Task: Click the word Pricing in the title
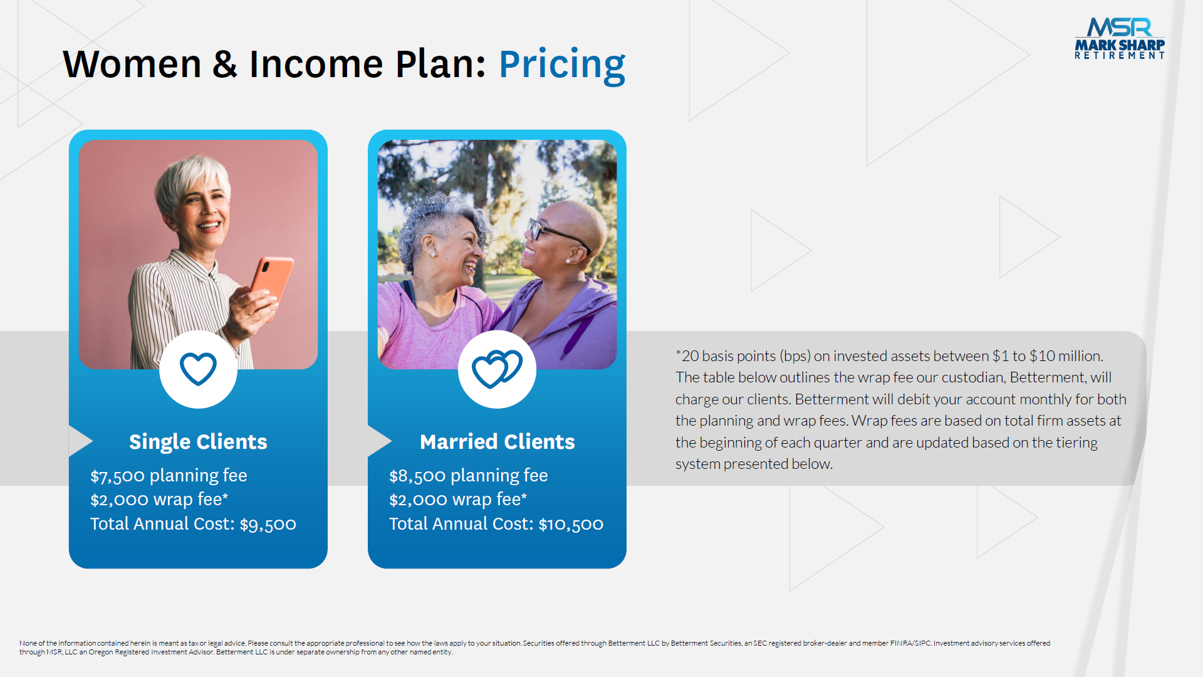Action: [x=562, y=65]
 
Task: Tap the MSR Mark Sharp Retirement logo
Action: [x=1120, y=39]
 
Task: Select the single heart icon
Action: [x=198, y=369]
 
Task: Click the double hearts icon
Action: [x=497, y=369]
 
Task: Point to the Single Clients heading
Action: [x=198, y=442]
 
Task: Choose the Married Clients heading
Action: [x=497, y=442]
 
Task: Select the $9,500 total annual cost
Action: [x=268, y=525]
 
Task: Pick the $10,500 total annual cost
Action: [x=571, y=525]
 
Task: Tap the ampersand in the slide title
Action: [x=225, y=65]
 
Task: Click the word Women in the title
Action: [x=132, y=65]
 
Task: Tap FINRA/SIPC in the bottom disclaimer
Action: [x=910, y=643]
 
